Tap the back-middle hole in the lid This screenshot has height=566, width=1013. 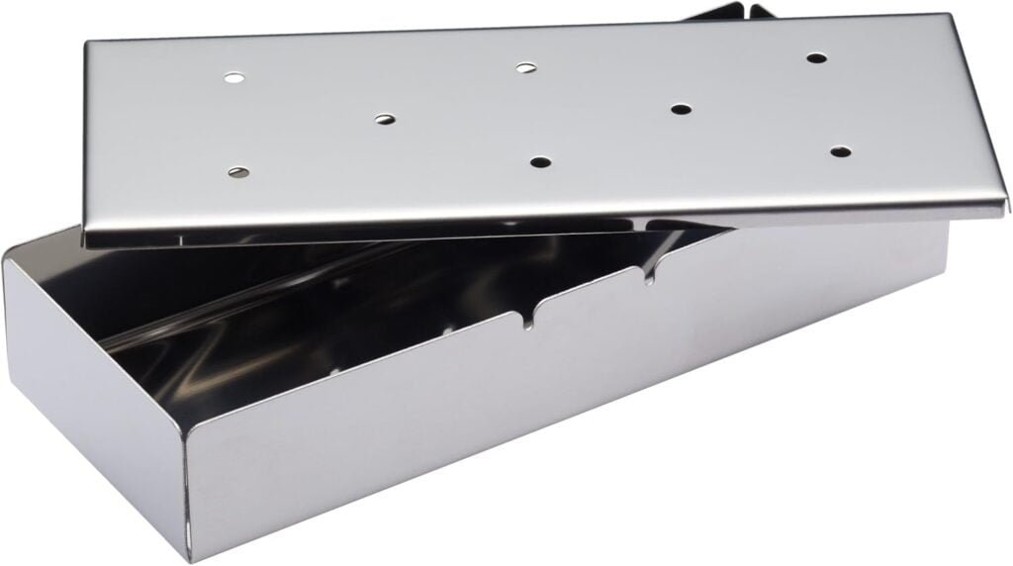[x=526, y=67]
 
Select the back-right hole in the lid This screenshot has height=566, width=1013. [x=815, y=57]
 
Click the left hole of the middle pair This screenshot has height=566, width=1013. [x=385, y=119]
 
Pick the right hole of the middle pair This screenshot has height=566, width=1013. [x=681, y=108]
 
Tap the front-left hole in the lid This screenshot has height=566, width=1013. [x=238, y=172]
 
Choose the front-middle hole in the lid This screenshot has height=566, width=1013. [x=539, y=161]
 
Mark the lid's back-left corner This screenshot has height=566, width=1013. [x=87, y=43]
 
